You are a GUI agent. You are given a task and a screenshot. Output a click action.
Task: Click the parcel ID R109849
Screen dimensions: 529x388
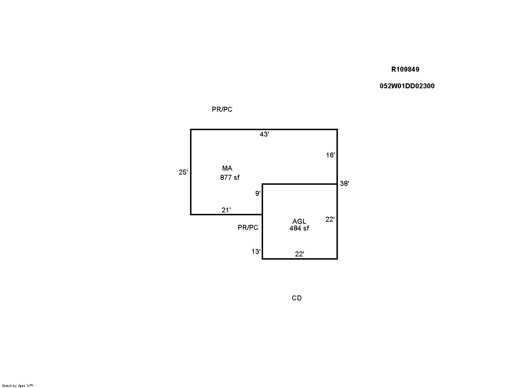(405, 69)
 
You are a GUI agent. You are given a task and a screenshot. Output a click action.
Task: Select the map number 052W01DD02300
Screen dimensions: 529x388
(407, 86)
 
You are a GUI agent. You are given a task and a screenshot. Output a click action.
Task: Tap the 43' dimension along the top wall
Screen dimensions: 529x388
(264, 134)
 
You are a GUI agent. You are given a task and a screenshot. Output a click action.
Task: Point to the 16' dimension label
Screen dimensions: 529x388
(330, 155)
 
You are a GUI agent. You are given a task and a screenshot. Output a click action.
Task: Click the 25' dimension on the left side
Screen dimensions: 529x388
(183, 172)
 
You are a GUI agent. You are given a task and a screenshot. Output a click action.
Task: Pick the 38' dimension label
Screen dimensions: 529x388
(345, 183)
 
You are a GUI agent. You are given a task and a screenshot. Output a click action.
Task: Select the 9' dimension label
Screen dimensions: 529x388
(258, 193)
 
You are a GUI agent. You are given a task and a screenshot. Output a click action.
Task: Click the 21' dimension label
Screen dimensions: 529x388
(226, 210)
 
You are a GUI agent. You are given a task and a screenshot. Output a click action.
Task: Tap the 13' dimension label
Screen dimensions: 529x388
(256, 251)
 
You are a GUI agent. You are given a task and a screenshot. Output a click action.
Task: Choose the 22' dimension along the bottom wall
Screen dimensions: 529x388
(300, 254)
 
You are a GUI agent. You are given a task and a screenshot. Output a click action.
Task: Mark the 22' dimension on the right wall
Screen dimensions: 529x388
(330, 219)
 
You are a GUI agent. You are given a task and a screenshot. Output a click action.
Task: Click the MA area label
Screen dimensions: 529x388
(227, 168)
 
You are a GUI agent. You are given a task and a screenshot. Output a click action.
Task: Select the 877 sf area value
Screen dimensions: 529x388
(230, 177)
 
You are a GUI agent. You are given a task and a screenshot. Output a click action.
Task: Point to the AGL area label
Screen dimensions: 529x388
(299, 221)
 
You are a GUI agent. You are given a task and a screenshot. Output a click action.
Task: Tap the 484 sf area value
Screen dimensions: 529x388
(299, 228)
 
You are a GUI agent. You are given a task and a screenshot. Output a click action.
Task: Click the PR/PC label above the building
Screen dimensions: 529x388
(222, 109)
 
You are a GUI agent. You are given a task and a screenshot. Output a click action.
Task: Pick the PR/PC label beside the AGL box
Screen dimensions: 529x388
(248, 227)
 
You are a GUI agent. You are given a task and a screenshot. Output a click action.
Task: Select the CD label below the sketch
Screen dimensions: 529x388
(297, 298)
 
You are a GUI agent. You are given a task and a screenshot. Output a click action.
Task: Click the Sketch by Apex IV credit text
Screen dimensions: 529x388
(17, 386)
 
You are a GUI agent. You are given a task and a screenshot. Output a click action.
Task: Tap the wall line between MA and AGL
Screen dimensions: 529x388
(300, 184)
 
